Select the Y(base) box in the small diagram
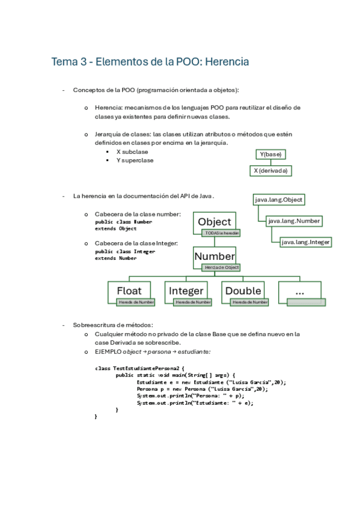269,155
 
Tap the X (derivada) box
270,171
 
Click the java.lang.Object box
278,200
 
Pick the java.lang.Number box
294,221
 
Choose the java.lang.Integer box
306,242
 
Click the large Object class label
214,222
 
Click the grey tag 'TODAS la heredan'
222,233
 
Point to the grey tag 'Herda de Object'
222,267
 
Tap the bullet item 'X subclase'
132,152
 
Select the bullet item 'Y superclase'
135,161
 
